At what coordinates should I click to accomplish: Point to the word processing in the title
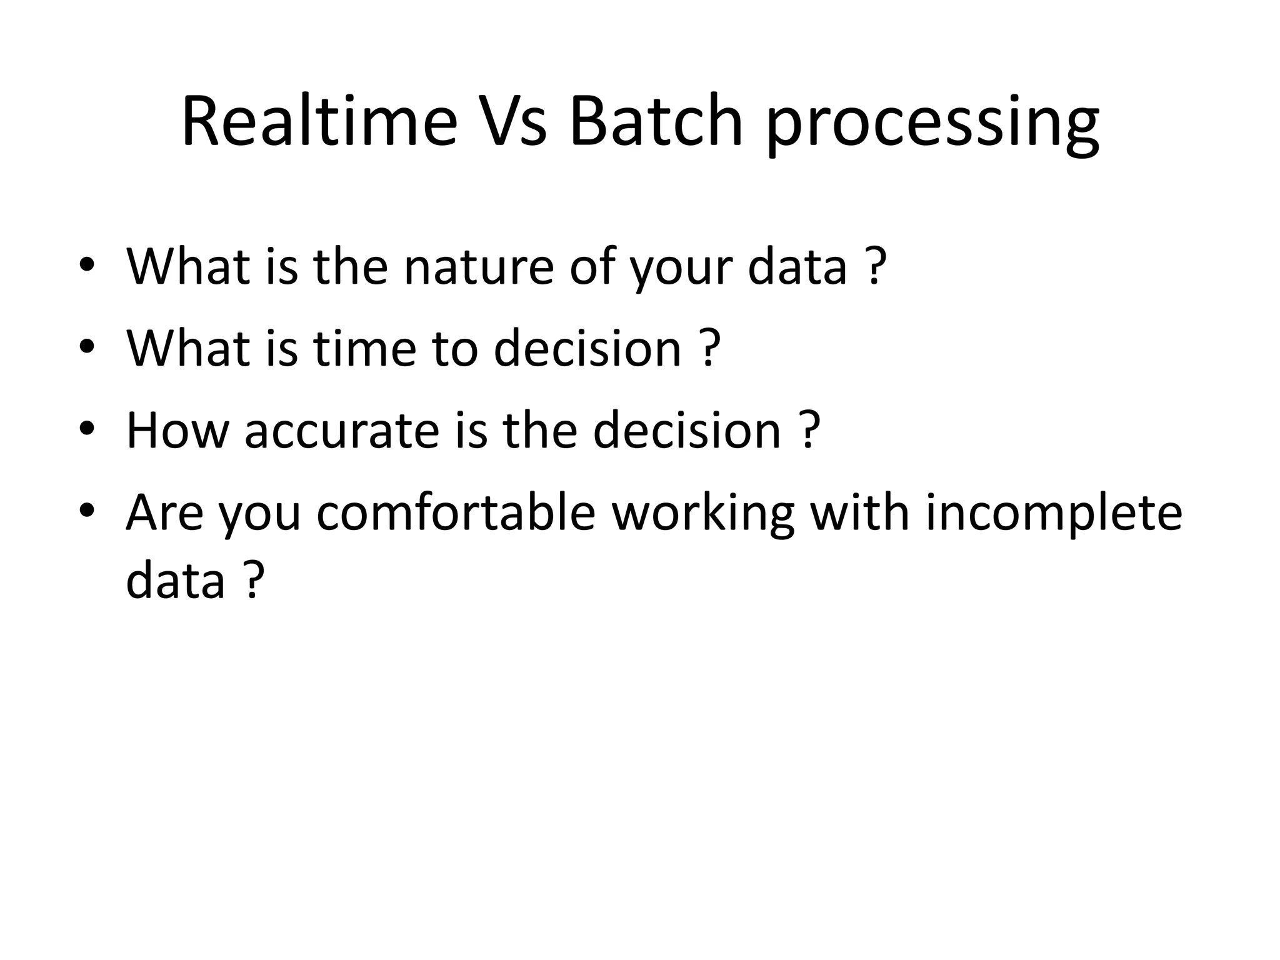click(x=932, y=125)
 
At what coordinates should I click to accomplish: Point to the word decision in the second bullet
click(x=587, y=348)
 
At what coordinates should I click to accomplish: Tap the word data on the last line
click(x=175, y=579)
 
